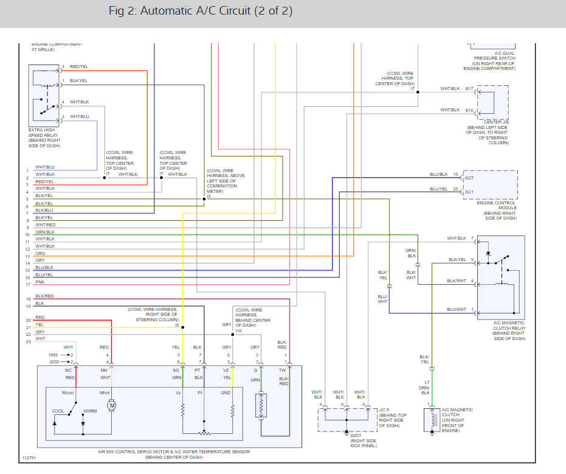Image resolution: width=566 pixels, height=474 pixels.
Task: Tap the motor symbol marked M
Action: [x=111, y=405]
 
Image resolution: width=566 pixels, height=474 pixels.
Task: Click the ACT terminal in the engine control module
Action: [x=469, y=178]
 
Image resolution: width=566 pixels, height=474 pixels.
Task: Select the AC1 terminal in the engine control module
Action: [x=469, y=193]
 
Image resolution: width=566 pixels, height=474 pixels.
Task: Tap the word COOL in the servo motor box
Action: [x=58, y=411]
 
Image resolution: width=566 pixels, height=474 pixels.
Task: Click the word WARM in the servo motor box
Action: [x=90, y=411]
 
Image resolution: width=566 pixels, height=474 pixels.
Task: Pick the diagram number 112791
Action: [x=29, y=458]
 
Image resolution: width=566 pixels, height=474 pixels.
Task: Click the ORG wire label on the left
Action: [x=40, y=253]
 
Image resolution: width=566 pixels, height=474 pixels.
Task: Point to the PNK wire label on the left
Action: [x=40, y=282]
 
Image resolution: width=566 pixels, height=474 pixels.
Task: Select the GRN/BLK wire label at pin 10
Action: [x=45, y=232]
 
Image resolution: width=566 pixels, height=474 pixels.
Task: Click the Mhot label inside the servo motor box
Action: [x=105, y=392]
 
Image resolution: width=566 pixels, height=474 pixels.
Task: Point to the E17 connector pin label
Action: [x=469, y=89]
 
